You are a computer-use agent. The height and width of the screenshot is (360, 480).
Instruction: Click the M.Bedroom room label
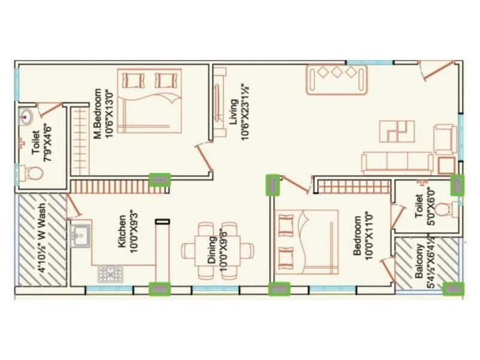(97, 114)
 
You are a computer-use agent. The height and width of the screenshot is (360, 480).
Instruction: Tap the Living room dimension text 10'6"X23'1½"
(245, 112)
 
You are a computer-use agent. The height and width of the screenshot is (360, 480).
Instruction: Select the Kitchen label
(122, 232)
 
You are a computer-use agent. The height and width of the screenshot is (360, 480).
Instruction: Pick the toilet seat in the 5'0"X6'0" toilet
(444, 210)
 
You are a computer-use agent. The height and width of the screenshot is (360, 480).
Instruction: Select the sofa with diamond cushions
(337, 79)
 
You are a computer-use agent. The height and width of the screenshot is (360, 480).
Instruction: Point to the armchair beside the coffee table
(445, 139)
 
